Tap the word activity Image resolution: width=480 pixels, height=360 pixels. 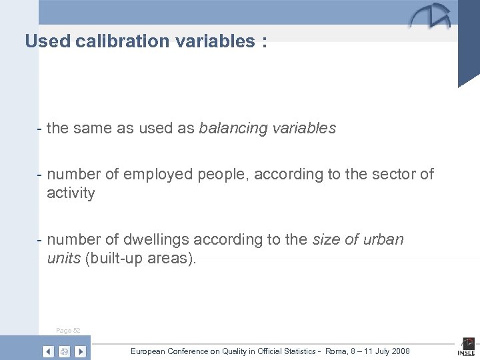pyautogui.click(x=71, y=193)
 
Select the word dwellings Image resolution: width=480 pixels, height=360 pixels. pyautogui.click(x=140, y=239)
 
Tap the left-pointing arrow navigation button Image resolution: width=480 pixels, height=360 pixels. pyautogui.click(x=49, y=351)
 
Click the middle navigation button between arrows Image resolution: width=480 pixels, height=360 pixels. pyautogui.click(x=65, y=351)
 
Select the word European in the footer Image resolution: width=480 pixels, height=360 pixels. pyautogui.click(x=151, y=351)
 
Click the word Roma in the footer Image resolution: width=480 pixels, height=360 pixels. pyautogui.click(x=331, y=351)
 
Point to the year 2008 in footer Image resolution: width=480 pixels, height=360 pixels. pyautogui.click(x=399, y=351)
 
